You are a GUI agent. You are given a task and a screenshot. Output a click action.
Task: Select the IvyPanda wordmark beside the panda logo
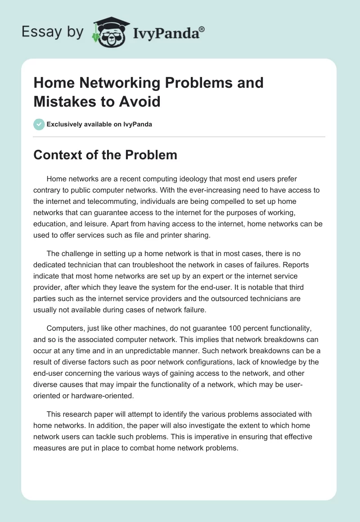(x=169, y=33)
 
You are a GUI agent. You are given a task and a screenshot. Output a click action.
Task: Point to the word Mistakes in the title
(x=64, y=101)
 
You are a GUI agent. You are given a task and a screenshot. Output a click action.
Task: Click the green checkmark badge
(x=39, y=124)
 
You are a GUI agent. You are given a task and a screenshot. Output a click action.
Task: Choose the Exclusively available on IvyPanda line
(x=99, y=124)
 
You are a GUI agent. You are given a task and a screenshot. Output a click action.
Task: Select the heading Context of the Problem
(x=105, y=155)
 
